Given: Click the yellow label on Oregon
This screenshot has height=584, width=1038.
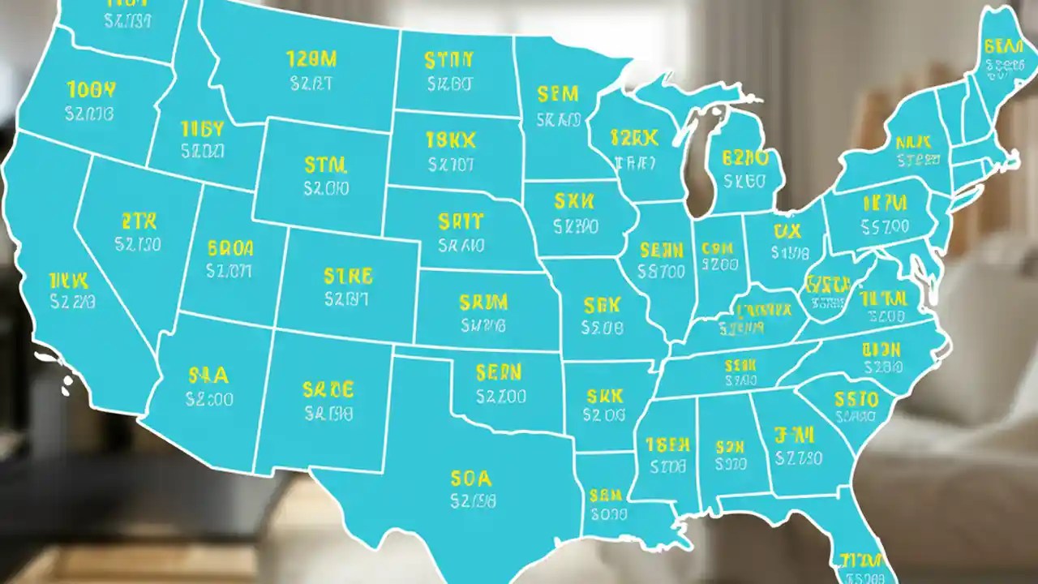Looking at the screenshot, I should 92,88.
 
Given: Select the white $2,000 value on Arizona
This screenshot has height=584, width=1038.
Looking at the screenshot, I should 209,399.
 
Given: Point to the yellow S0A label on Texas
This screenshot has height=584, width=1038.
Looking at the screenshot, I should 471,478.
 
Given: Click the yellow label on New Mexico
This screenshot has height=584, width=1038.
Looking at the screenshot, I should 328,389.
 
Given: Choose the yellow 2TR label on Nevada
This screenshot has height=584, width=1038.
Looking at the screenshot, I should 139,221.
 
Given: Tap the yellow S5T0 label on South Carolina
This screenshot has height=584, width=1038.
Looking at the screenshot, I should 856,399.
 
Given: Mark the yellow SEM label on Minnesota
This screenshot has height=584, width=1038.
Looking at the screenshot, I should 558,95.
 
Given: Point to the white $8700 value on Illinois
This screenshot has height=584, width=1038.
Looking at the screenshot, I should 662,273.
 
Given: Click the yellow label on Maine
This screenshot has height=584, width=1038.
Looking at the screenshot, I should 1002,46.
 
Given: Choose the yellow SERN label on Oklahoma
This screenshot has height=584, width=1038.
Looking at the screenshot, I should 499,373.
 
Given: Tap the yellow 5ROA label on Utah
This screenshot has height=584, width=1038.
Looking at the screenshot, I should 230,247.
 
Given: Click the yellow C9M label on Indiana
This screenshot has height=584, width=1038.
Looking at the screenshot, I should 717,247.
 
